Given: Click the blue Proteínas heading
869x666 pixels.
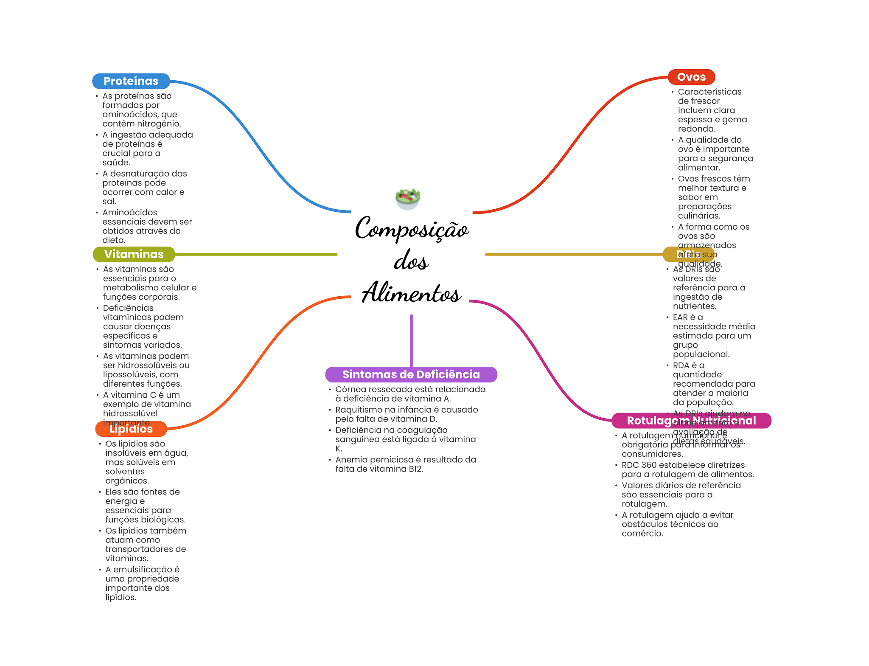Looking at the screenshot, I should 131,81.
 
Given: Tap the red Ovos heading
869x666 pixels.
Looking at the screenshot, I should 691,77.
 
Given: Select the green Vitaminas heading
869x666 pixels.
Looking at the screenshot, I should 134,254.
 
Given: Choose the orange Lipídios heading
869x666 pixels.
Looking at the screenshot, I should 131,429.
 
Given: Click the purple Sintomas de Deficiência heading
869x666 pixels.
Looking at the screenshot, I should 411,374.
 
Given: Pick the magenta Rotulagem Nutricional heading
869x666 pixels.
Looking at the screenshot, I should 691,421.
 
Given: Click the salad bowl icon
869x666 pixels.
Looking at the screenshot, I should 407,199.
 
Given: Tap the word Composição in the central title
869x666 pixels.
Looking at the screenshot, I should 412,229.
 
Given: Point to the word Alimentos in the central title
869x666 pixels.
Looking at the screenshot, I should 411,293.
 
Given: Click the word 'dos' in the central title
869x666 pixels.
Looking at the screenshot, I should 411,261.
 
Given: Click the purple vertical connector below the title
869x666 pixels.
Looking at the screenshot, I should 411,340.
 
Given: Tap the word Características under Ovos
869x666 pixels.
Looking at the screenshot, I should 709,92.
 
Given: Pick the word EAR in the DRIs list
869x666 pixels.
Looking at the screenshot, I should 680,318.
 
